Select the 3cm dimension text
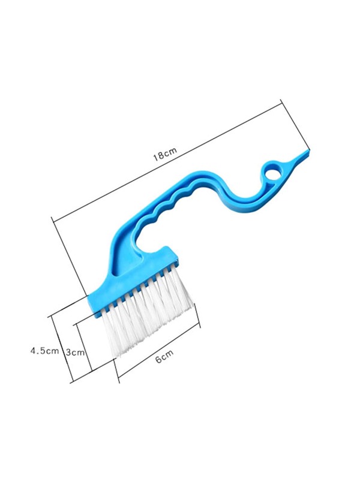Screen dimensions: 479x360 (x=74, y=352)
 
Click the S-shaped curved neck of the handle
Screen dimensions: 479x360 (x=228, y=192)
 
